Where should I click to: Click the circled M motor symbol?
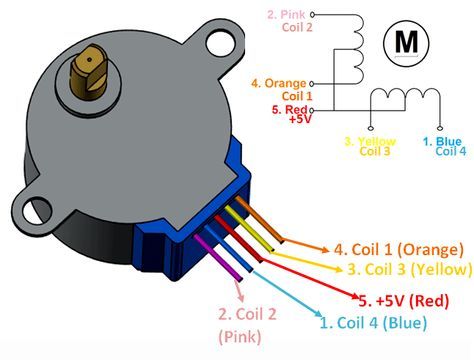click(x=408, y=41)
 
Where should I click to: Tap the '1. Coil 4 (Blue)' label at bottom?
click(x=372, y=322)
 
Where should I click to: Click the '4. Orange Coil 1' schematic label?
click(x=284, y=87)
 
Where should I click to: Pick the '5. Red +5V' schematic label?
click(x=290, y=112)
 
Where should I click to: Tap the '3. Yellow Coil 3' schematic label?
click(x=371, y=146)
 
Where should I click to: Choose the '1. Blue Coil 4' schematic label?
click(x=442, y=146)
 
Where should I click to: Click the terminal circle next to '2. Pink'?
click(x=313, y=15)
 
